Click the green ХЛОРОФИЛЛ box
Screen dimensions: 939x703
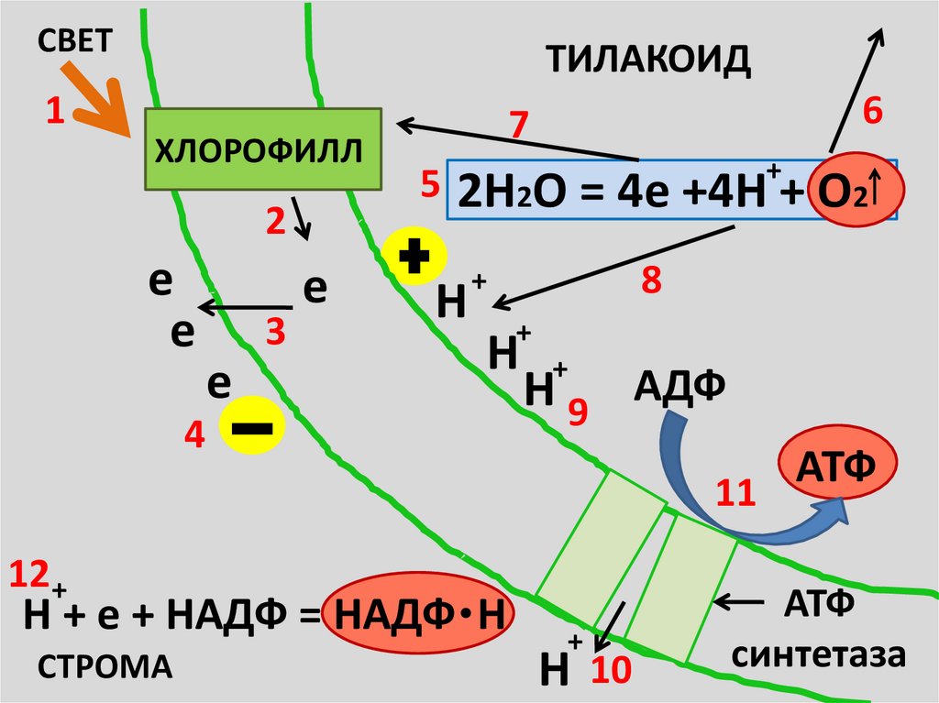point(264,148)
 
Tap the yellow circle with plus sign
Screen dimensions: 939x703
point(414,258)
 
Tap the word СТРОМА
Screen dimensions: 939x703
point(105,665)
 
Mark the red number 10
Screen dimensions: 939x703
point(611,673)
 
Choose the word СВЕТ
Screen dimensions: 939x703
point(75,39)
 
